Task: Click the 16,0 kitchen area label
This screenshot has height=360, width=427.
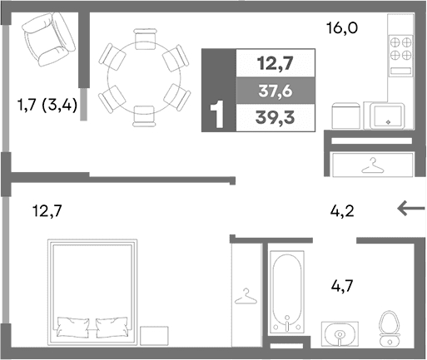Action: click(x=341, y=28)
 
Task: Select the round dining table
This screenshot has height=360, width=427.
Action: click(x=139, y=75)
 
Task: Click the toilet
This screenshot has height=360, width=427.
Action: click(x=388, y=328)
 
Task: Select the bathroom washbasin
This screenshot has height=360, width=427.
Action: click(x=340, y=335)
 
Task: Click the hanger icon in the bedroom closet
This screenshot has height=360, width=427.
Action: click(x=246, y=295)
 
